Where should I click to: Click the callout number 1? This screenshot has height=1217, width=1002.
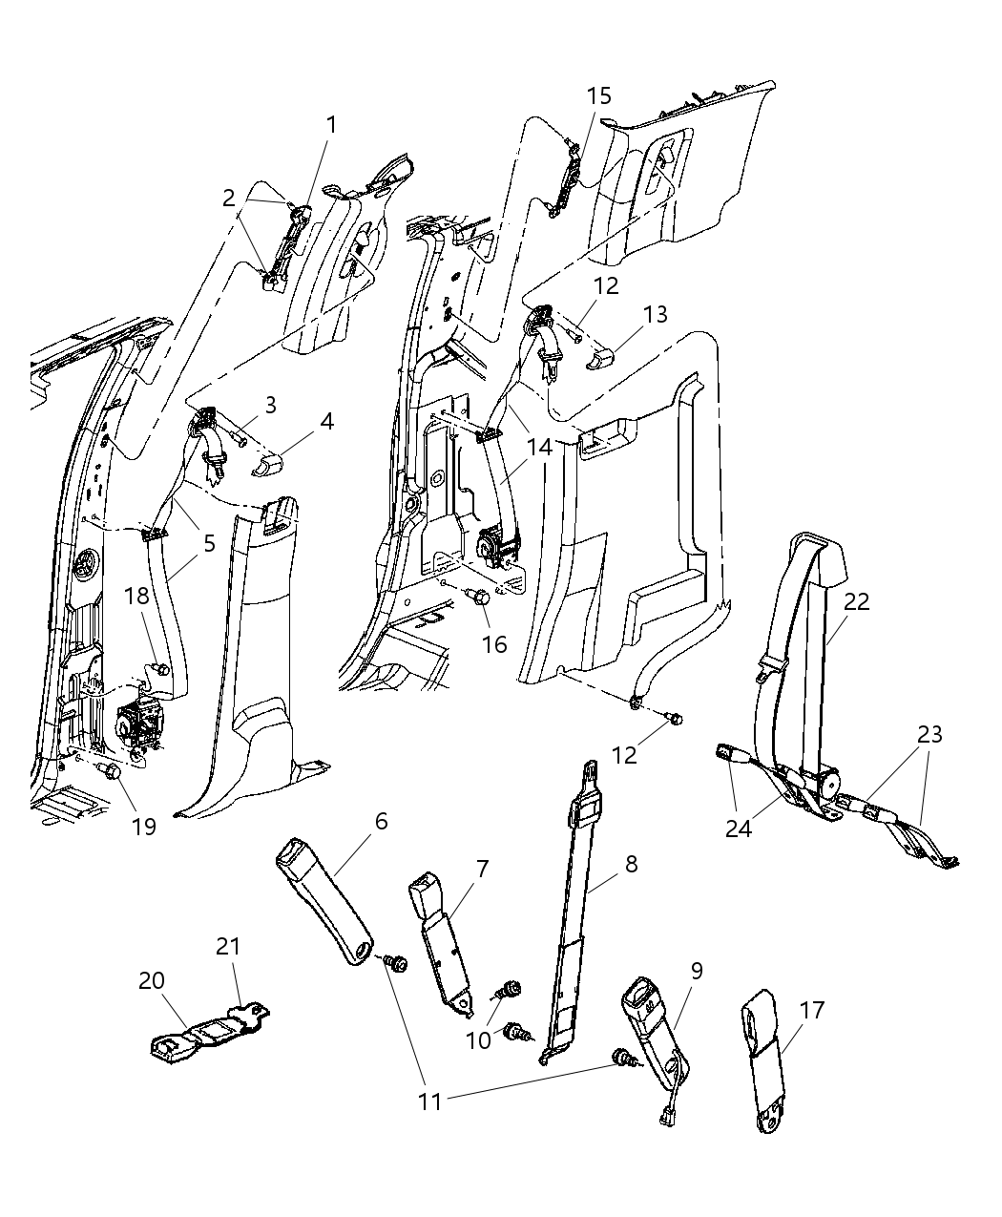(x=331, y=124)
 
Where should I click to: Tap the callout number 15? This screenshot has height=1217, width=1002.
(x=599, y=96)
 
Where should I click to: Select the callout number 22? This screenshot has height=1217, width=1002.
(x=857, y=601)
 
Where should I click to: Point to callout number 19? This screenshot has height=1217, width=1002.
(x=143, y=826)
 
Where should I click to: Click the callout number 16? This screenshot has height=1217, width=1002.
(x=494, y=644)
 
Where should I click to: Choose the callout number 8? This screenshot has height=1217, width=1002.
(x=631, y=865)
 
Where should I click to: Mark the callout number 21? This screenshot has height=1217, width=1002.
(x=227, y=946)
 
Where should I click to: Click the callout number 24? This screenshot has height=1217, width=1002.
(x=739, y=828)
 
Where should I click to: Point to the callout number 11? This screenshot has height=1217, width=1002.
(x=430, y=1101)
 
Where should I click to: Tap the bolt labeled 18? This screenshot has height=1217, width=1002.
(x=160, y=669)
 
